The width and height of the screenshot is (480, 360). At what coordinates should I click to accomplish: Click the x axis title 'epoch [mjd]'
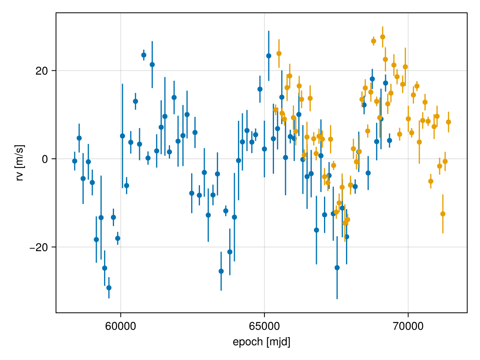[261, 342]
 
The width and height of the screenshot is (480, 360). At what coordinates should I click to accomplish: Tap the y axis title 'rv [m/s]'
[19, 163]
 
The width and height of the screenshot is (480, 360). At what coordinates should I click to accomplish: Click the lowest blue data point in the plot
[109, 288]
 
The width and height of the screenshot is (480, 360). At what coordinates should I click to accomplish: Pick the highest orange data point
[382, 37]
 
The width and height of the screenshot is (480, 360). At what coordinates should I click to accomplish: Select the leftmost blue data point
[74, 161]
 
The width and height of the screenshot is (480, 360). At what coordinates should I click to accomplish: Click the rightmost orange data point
[448, 122]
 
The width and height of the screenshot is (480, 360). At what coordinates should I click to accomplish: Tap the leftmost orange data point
[276, 110]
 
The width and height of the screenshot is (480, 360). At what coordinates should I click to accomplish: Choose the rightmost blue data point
[389, 140]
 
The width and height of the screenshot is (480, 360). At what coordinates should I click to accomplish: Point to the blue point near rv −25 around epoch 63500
[221, 271]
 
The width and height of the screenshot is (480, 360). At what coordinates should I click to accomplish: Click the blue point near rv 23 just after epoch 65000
[268, 56]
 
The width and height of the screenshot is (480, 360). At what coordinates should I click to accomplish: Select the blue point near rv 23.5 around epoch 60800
[144, 55]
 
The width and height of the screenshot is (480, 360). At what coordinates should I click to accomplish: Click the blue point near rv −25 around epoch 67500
[337, 268]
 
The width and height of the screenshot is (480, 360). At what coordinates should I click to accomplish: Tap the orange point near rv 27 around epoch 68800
[373, 41]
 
